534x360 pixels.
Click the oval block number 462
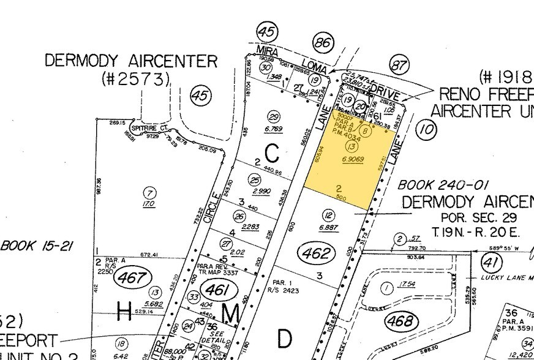(x=317, y=252)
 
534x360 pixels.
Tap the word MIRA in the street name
(x=268, y=51)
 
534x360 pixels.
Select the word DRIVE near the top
(x=383, y=92)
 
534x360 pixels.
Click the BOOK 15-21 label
(x=37, y=246)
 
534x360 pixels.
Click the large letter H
(x=124, y=312)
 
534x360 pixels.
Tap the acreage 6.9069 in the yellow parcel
(x=353, y=159)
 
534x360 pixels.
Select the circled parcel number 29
(x=274, y=118)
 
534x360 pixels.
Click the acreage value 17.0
(x=149, y=204)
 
